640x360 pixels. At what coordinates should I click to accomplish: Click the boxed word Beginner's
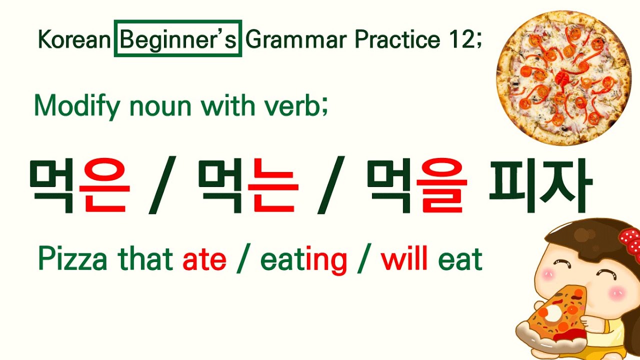[x=178, y=38]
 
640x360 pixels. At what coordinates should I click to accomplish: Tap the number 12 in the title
[x=459, y=38]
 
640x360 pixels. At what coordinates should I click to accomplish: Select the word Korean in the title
[x=74, y=39]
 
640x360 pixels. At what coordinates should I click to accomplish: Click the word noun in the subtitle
[x=151, y=105]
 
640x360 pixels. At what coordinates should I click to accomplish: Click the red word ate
[x=204, y=259]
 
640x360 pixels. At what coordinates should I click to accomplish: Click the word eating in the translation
[x=303, y=260]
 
